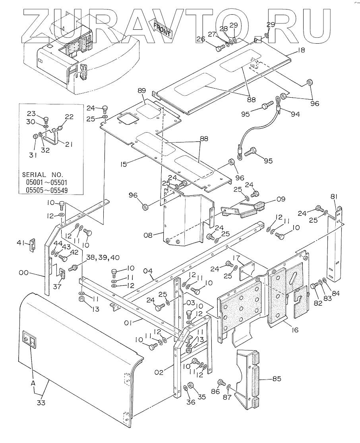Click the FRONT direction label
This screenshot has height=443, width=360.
(x=162, y=29)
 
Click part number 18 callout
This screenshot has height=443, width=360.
(x=301, y=50)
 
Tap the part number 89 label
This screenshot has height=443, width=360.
(x=142, y=91)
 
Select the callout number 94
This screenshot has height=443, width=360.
(x=295, y=114)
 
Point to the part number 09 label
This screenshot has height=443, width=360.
(x=281, y=199)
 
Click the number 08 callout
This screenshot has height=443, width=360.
(x=148, y=235)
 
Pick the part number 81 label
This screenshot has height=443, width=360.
(x=334, y=196)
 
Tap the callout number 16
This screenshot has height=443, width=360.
(x=295, y=330)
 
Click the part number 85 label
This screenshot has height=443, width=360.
(x=277, y=379)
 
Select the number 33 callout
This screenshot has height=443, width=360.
(x=41, y=403)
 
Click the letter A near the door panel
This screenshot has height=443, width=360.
(x=33, y=383)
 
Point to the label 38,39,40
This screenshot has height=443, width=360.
(x=103, y=258)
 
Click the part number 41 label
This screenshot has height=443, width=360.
(x=21, y=242)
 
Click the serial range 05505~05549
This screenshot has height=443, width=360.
(x=46, y=190)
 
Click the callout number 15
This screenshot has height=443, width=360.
(x=123, y=164)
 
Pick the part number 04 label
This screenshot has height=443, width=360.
(x=148, y=272)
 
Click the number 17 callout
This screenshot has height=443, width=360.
(x=236, y=258)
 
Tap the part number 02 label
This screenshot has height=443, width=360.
(x=159, y=372)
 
